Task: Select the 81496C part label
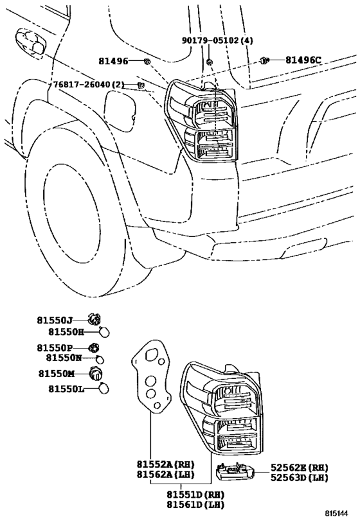click(303, 60)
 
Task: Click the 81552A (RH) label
click(165, 464)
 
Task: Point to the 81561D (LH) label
click(195, 504)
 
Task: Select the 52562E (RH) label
click(300, 468)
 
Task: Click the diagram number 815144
click(336, 514)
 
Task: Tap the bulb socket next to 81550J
click(94, 319)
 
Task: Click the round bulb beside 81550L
click(104, 389)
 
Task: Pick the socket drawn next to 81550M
click(96, 373)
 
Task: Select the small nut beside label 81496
click(147, 61)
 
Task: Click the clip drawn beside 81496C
click(264, 60)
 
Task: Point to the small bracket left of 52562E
click(235, 472)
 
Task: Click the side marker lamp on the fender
click(30, 42)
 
